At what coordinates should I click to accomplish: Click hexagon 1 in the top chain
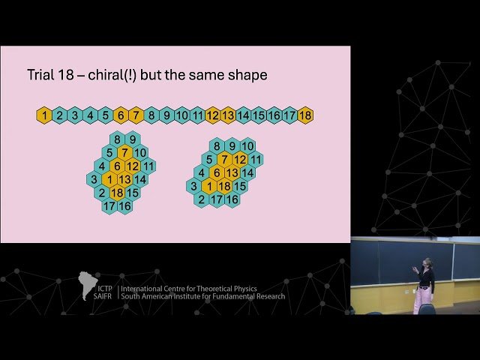pyautogui.click(x=44, y=115)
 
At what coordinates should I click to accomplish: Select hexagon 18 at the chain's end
pyautogui.click(x=304, y=115)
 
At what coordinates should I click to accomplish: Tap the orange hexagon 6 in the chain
pyautogui.click(x=121, y=115)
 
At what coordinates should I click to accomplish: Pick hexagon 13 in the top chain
pyautogui.click(x=228, y=115)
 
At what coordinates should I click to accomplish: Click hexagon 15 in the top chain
pyautogui.click(x=259, y=115)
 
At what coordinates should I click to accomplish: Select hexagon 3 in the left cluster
pyautogui.click(x=94, y=179)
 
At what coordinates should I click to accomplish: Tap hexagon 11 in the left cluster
pyautogui.click(x=148, y=166)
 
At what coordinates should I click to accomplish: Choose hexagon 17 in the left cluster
pyautogui.click(x=109, y=206)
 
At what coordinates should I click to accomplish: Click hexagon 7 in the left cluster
pyautogui.click(x=124, y=152)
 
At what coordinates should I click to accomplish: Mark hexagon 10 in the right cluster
pyautogui.click(x=247, y=145)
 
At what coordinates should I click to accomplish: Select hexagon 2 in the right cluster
pyautogui.click(x=201, y=199)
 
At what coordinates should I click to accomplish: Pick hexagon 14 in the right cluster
pyautogui.click(x=247, y=172)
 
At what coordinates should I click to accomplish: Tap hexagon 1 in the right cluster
pyautogui.click(x=208, y=186)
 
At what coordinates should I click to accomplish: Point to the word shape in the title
pyautogui.click(x=247, y=76)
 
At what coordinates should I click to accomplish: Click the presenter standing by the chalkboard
pyautogui.click(x=424, y=286)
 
